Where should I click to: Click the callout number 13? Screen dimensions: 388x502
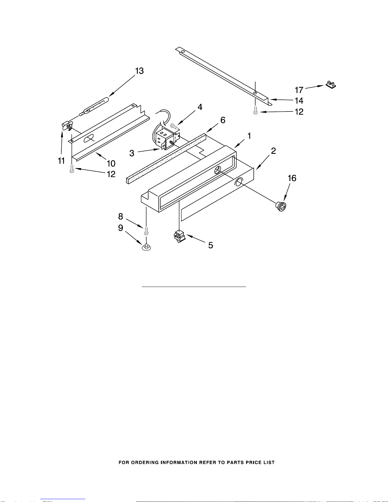139,71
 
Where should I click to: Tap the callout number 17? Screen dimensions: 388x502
299,90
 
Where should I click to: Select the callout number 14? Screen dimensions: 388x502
299,101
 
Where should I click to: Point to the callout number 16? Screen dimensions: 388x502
292,178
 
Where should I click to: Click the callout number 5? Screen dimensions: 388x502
210,245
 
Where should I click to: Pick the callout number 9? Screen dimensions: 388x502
121,228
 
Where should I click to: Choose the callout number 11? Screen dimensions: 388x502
61,161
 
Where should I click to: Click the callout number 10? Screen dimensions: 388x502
111,163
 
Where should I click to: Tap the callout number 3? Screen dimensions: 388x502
132,153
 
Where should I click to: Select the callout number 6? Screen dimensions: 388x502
223,120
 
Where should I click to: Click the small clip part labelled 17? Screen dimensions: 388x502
331,85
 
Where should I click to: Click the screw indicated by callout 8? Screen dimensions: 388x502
146,231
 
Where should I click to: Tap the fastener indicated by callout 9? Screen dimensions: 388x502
146,247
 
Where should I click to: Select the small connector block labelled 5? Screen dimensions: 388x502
180,236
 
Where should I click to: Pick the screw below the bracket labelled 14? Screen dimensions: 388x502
255,110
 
